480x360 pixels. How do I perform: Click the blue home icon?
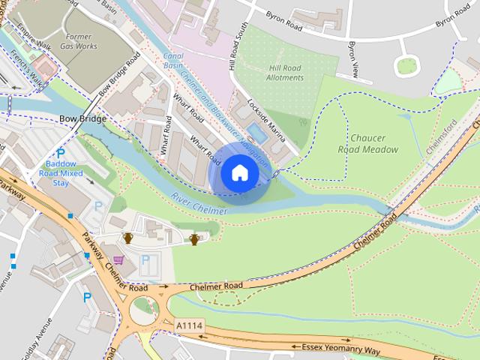coord(239,173)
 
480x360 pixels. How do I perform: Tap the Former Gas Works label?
coord(79,40)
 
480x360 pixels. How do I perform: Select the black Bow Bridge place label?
coord(82,119)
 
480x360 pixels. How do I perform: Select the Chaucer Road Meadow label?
coord(374,143)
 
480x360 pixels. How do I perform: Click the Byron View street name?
coord(351,56)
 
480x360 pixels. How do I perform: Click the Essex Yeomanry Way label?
coord(340,349)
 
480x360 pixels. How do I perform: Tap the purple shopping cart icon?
coord(118,259)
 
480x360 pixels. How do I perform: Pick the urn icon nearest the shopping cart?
coord(127,238)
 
